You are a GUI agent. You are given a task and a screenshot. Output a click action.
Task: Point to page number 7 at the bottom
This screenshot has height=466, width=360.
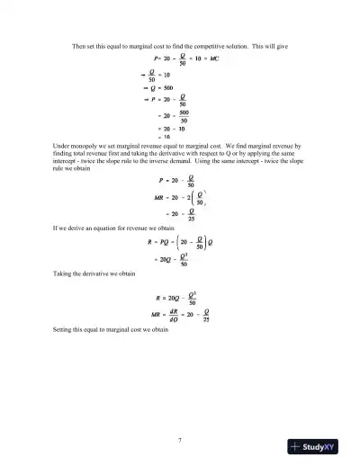(181, 438)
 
